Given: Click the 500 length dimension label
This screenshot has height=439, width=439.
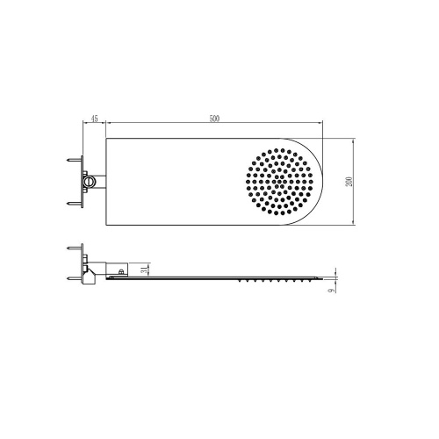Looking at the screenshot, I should point(215,119).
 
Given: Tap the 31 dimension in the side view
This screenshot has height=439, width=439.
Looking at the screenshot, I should point(145,268).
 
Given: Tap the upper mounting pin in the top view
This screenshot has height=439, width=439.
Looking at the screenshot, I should point(74,162).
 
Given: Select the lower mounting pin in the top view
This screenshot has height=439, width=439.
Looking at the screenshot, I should point(74,204).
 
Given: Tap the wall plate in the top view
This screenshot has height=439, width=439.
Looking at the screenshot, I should point(83,183).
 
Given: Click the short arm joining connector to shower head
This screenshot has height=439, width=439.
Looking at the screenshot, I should point(99,183).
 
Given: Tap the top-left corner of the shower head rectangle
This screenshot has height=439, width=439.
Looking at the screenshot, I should point(106,138).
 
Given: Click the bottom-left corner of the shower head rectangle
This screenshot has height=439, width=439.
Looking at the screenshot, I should point(106,227).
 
